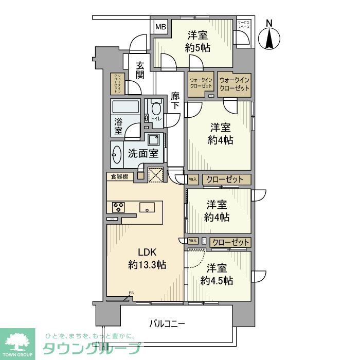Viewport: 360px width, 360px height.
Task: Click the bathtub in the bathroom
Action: point(125,107)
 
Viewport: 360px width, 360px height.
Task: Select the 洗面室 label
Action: point(139,153)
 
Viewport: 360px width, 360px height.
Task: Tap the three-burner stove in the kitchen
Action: point(119,208)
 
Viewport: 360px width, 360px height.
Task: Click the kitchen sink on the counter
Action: point(147,208)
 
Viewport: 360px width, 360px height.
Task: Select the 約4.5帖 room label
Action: point(217,275)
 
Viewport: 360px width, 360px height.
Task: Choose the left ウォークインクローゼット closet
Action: point(201,83)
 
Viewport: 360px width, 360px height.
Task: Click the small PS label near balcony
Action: point(131,293)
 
